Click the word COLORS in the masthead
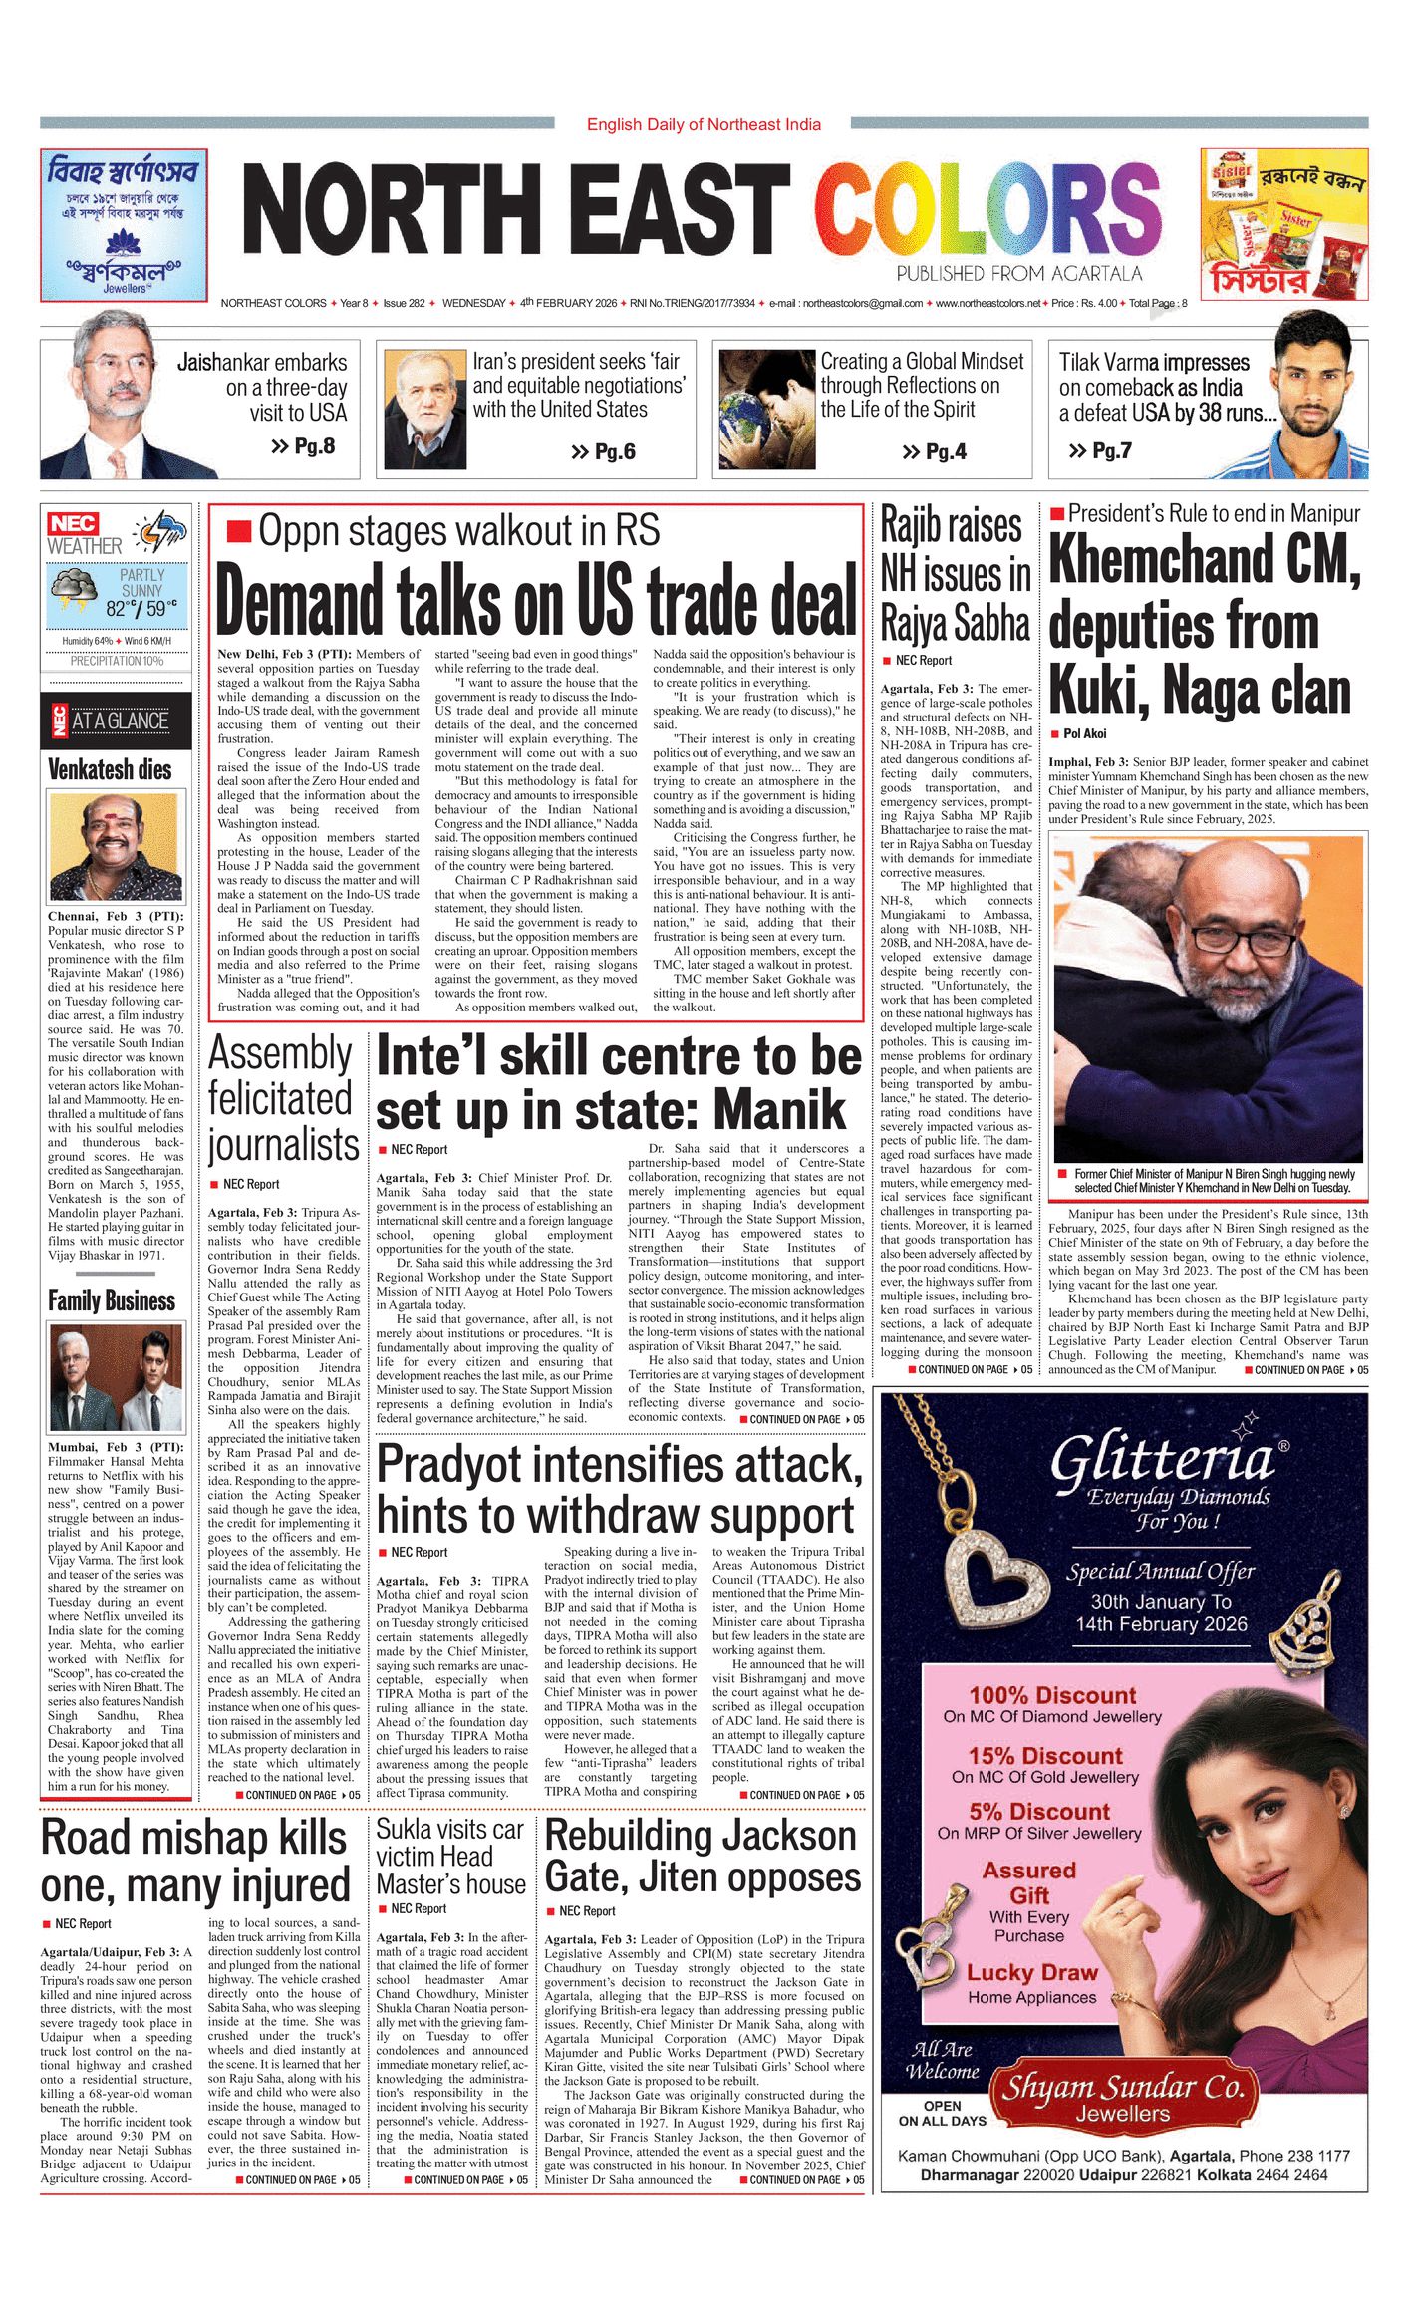(x=987, y=211)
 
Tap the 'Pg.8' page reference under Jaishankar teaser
(x=304, y=446)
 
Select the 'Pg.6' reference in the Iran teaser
(x=604, y=452)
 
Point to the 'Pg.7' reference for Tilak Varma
(x=1100, y=451)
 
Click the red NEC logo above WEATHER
(x=74, y=523)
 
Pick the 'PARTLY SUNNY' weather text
(x=142, y=582)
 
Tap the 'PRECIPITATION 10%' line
(x=117, y=661)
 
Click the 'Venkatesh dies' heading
(x=110, y=769)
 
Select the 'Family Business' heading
(x=112, y=1300)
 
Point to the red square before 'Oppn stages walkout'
(x=238, y=531)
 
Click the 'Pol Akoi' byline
(x=1084, y=733)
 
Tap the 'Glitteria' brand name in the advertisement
(x=1162, y=1461)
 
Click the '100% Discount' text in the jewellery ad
(x=1052, y=1695)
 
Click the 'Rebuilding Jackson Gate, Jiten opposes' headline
(x=702, y=1856)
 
